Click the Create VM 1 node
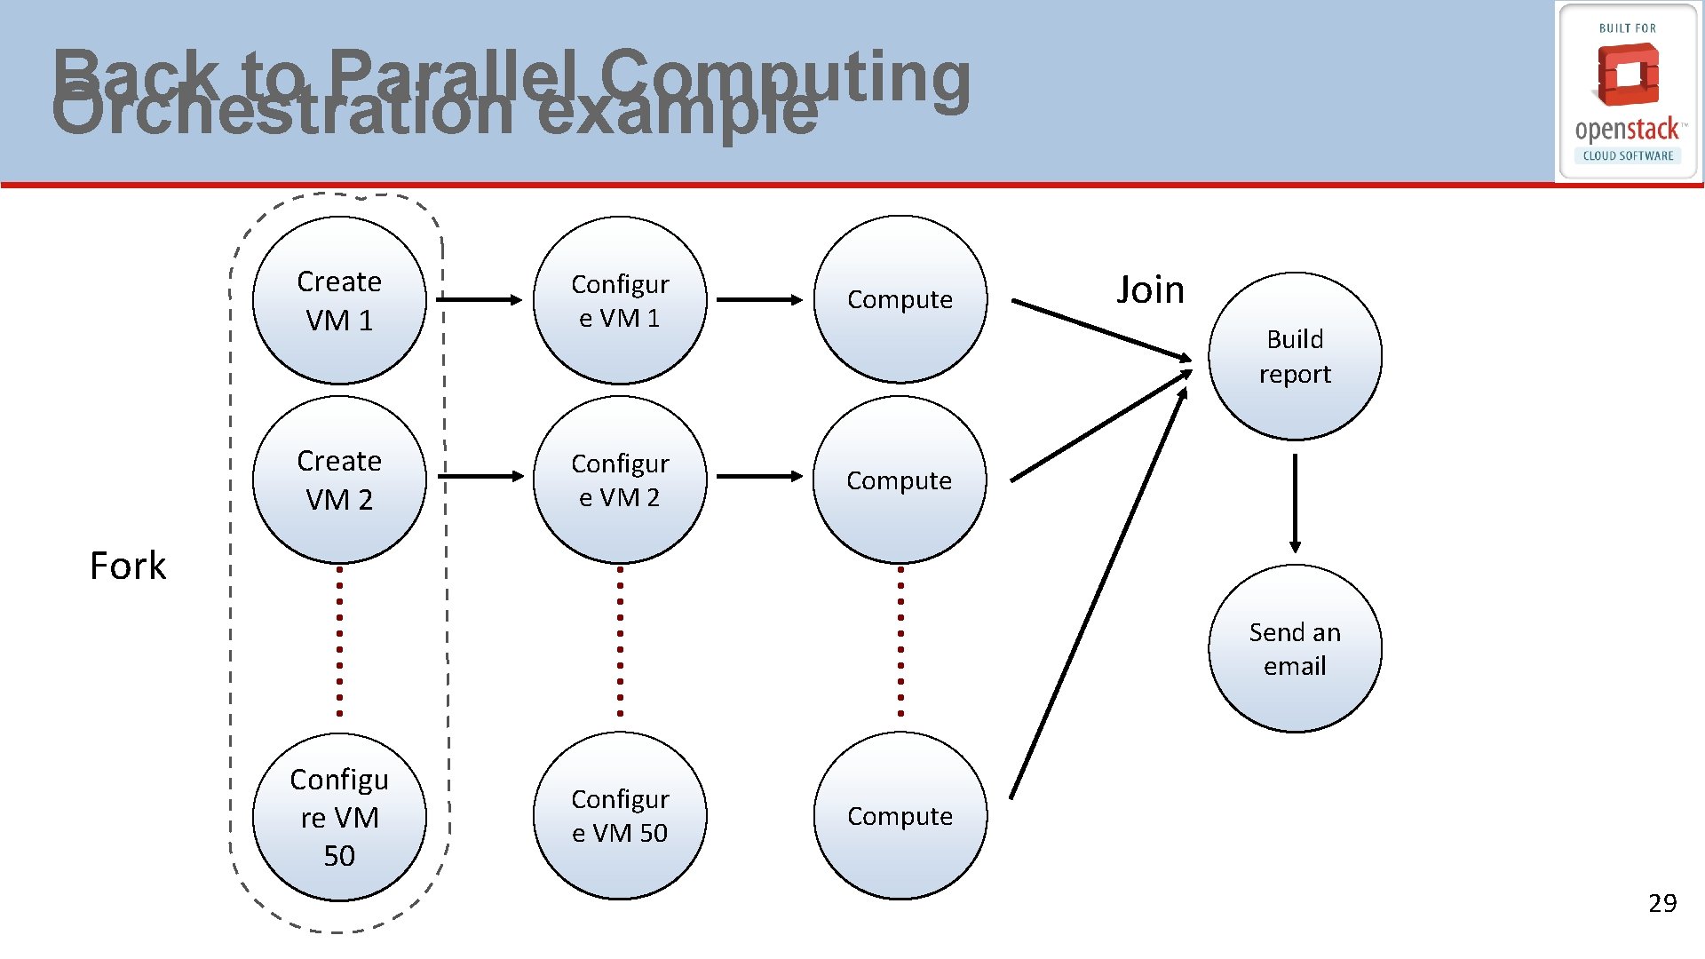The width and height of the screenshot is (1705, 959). pos(339,300)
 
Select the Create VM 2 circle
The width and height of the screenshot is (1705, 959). pos(339,479)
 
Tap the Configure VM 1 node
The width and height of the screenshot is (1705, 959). pos(620,300)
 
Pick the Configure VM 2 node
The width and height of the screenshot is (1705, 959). pos(620,479)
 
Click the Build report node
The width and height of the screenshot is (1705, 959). pos(1295,356)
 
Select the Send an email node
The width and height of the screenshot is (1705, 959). pos(1295,648)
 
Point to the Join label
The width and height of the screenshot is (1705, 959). pos(1150,289)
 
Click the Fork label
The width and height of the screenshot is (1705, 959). pos(128,566)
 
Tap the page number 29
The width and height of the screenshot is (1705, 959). pos(1662,903)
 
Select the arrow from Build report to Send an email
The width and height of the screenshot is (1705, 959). pos(1295,503)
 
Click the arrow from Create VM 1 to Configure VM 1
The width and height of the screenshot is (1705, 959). pos(480,300)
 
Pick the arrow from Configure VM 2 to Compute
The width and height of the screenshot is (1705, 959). pos(759,477)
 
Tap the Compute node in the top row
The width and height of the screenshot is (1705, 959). pos(900,300)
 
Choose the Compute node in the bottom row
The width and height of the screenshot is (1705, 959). pos(900,816)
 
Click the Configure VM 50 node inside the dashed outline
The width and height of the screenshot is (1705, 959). pos(339,817)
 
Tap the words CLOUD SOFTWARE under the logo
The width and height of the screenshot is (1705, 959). pos(1628,155)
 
